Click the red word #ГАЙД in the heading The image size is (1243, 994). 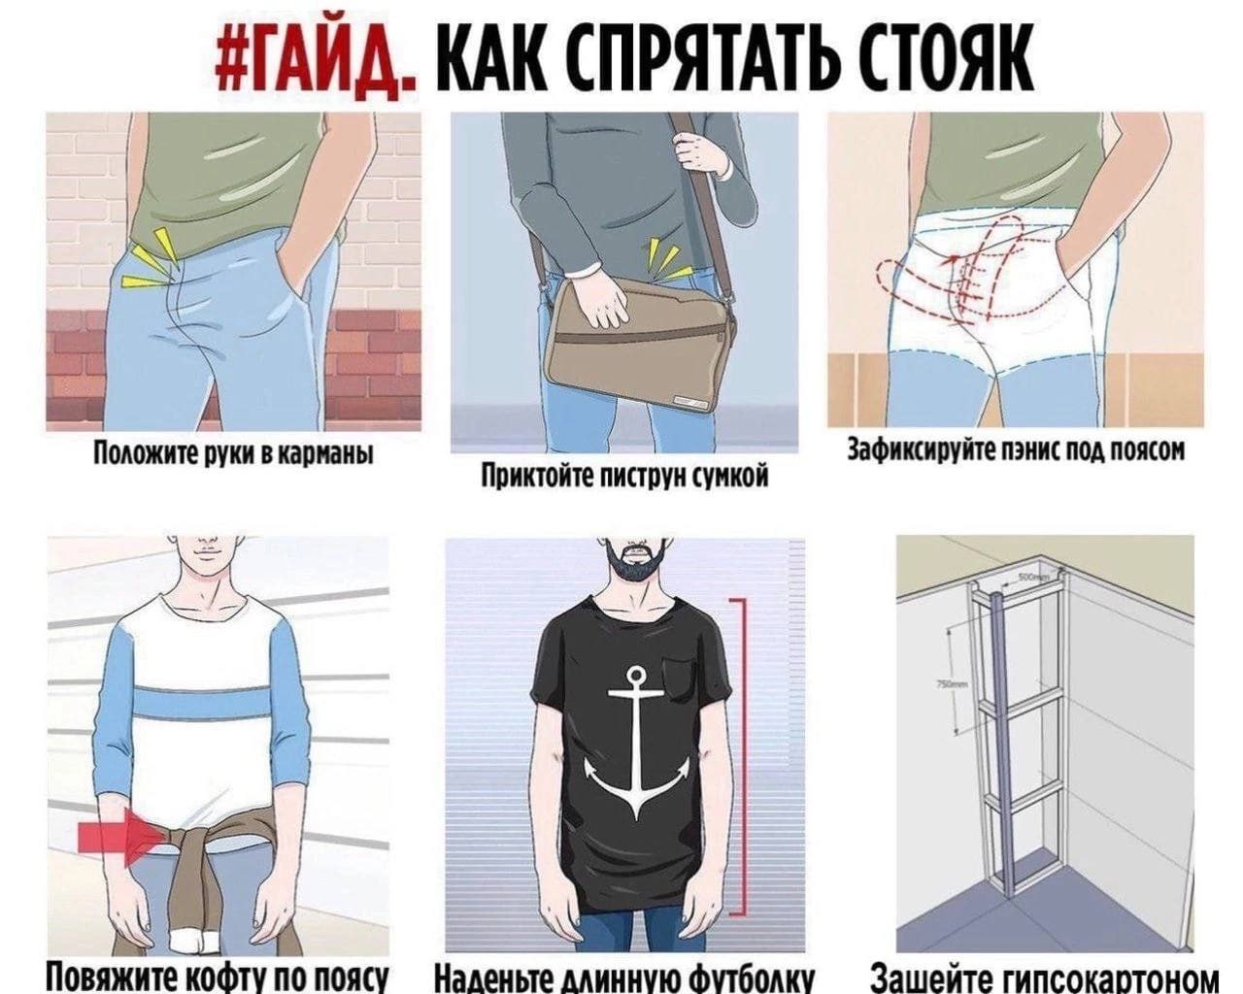[x=317, y=61]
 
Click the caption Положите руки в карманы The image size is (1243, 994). [x=234, y=453]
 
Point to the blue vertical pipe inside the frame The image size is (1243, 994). [x=1004, y=747]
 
